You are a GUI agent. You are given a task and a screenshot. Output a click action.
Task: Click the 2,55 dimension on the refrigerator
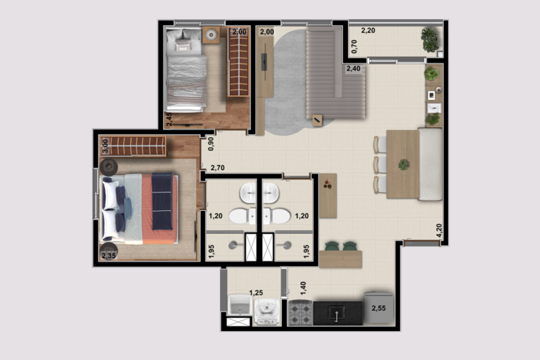coord(378,309)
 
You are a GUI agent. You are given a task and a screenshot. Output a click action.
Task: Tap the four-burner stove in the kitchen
coord(301,313)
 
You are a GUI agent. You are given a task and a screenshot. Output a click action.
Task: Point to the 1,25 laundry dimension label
coord(256,292)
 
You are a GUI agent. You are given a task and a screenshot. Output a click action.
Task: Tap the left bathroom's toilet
coord(243,217)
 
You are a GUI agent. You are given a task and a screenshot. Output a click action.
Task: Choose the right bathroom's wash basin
coord(270,193)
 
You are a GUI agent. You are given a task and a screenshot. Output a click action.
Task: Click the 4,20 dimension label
coord(439,230)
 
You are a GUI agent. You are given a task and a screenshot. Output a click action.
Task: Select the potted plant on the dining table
coord(404,165)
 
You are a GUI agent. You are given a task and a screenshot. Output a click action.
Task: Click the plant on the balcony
coord(430,39)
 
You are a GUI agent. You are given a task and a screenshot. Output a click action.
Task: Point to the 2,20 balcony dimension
coord(368,30)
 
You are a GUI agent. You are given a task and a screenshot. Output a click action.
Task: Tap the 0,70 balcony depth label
coord(354,46)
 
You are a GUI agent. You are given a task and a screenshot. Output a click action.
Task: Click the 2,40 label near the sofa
coord(354,68)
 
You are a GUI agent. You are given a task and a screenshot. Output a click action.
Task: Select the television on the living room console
coord(264,62)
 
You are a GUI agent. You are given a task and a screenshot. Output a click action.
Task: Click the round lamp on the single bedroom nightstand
coord(211,34)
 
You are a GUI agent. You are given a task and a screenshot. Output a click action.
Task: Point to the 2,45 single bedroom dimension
coord(169,120)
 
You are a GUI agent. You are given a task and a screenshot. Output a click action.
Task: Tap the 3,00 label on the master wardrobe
coord(105,146)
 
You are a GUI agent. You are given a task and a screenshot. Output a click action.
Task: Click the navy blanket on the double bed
coord(162,201)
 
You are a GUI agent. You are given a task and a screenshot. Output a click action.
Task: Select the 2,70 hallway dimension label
coord(218,168)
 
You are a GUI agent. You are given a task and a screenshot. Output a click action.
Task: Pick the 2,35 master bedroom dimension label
coord(108,256)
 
